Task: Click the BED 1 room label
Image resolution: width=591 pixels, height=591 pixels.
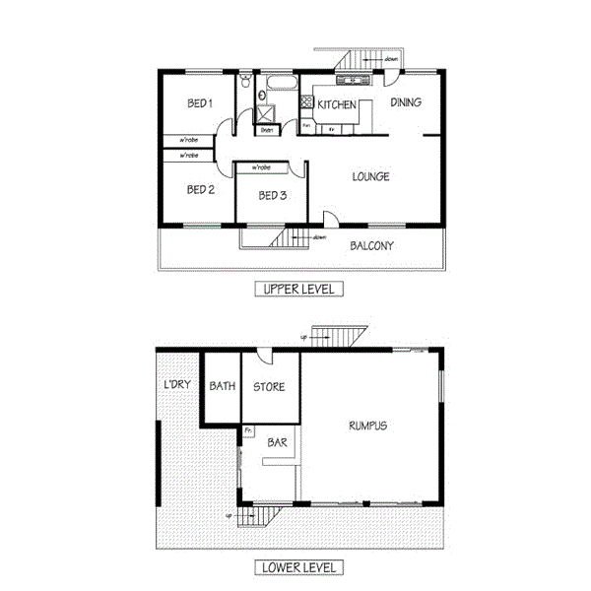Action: click(200, 103)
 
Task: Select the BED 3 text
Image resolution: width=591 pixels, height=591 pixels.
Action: click(272, 196)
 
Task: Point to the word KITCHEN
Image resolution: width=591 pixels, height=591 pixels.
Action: click(336, 103)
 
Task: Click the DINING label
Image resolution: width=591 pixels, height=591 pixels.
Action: click(406, 101)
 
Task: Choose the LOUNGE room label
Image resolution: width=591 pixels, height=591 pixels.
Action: click(370, 177)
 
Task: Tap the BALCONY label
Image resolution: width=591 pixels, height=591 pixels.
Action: click(371, 245)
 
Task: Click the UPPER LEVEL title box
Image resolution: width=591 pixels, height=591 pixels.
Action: click(296, 289)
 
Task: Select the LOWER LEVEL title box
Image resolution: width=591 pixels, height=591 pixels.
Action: click(296, 567)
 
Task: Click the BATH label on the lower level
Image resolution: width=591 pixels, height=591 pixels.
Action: click(222, 386)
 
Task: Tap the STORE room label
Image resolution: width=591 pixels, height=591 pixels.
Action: click(269, 386)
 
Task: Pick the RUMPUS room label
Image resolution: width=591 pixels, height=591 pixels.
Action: click(367, 427)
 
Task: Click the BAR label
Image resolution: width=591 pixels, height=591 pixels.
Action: click(277, 444)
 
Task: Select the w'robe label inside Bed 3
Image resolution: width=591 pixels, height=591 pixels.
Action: click(262, 167)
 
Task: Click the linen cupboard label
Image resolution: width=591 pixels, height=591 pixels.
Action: click(267, 129)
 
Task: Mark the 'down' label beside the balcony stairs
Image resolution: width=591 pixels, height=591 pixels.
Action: click(319, 237)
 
